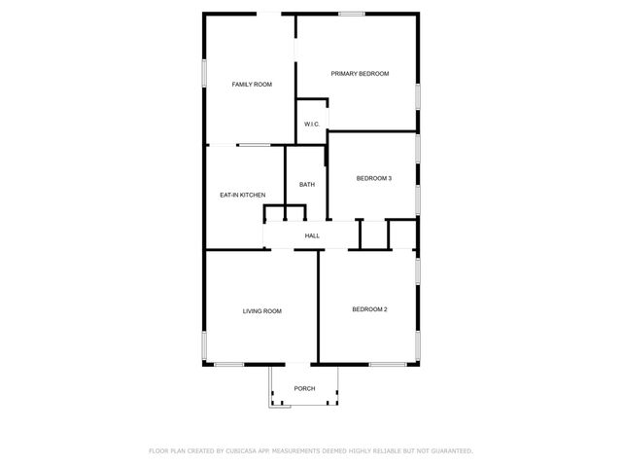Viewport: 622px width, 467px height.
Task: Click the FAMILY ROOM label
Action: click(x=251, y=85)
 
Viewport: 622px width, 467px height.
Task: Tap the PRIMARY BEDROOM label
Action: click(x=360, y=74)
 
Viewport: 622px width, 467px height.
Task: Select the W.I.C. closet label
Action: click(x=312, y=124)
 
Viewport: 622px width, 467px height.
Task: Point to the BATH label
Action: click(x=306, y=185)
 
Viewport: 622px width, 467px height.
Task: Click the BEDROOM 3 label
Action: click(x=374, y=178)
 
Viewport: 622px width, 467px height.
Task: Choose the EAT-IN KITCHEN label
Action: click(x=242, y=195)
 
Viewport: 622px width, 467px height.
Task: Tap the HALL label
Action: click(x=312, y=235)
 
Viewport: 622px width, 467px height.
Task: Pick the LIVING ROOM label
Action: click(x=261, y=311)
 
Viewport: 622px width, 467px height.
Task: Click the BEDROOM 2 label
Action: click(x=369, y=309)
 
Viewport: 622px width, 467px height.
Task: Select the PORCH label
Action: click(x=305, y=388)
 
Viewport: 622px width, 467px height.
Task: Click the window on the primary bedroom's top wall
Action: click(x=352, y=13)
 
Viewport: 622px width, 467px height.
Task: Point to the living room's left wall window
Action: click(x=204, y=345)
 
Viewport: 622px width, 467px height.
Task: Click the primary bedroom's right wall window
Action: click(x=418, y=95)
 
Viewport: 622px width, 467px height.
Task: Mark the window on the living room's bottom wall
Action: click(x=229, y=365)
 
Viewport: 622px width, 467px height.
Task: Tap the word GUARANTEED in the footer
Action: click(x=449, y=451)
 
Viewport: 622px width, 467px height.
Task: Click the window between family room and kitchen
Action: click(x=255, y=145)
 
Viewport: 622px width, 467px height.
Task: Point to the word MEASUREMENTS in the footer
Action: click(x=295, y=451)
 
